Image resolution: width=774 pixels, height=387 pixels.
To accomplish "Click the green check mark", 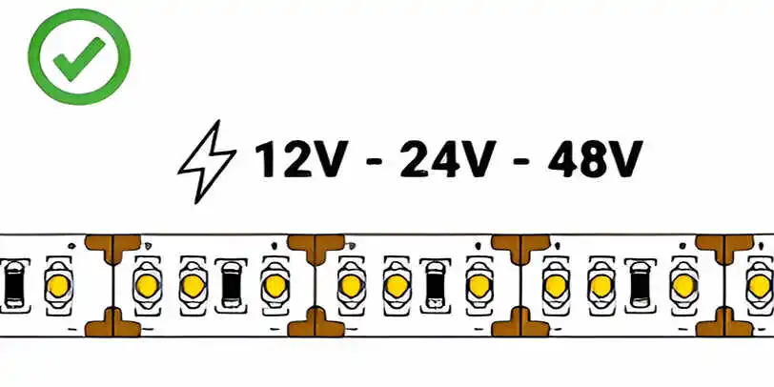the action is point(78,59).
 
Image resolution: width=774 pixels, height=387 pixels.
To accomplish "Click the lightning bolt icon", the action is point(206,162).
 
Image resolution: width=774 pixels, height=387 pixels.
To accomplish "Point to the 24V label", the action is point(448,159).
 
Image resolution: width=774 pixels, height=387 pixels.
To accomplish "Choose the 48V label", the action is point(595,159).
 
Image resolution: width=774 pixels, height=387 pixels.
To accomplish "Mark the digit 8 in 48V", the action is point(593,159).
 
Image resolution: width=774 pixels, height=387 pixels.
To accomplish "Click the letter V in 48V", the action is point(626,159).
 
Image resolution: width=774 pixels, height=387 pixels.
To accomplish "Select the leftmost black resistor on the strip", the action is point(13,285).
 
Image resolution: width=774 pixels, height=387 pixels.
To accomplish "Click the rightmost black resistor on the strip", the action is point(640,285).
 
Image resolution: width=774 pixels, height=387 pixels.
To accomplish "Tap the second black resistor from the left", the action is point(231,285).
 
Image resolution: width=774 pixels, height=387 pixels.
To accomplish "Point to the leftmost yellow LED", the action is point(59,285).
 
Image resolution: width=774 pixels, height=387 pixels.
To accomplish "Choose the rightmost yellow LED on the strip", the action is point(759,285).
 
